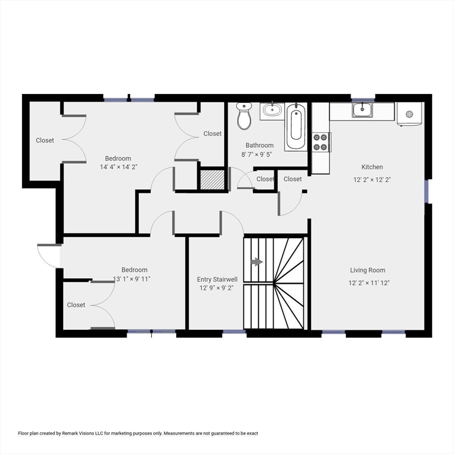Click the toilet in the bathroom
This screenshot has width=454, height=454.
[x=244, y=116]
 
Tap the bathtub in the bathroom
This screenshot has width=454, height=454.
[x=296, y=127]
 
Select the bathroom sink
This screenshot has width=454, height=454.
[x=272, y=110]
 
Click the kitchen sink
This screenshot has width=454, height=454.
[x=362, y=109]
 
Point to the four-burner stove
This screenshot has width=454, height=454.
[x=321, y=142]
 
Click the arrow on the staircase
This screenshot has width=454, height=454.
[x=257, y=261]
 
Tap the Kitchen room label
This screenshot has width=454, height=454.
[x=372, y=167]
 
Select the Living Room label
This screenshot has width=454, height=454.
[x=368, y=270]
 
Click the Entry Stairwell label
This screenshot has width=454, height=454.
[x=218, y=279]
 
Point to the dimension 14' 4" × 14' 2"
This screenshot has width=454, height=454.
[x=118, y=167]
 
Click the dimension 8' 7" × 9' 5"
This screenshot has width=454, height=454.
[x=260, y=155]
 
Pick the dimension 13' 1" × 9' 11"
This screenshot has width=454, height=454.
[x=132, y=279]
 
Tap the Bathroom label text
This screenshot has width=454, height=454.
[x=260, y=145]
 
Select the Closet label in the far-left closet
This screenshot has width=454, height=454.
[x=45, y=141]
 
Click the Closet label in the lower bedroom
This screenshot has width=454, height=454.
[x=76, y=305]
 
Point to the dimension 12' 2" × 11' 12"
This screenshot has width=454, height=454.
[x=369, y=283]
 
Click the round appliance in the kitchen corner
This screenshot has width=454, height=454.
[x=409, y=114]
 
